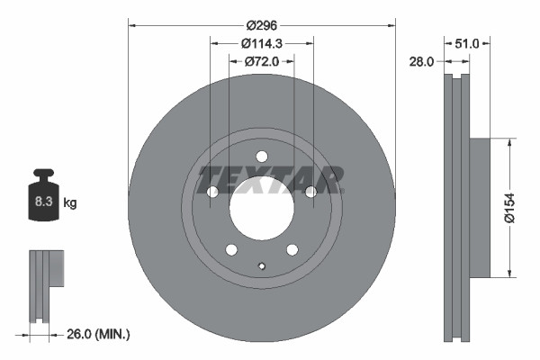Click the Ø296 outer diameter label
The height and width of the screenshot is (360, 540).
coord(262,27)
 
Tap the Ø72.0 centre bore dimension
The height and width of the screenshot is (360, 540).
coord(262,61)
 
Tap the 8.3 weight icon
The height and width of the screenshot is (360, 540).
coord(43,202)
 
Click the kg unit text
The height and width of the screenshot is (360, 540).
coord(69,203)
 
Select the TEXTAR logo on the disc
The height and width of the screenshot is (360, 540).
coord(271,179)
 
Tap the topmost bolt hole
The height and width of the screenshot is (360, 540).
coord(261,156)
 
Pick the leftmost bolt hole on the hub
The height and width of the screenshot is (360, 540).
coord(212,192)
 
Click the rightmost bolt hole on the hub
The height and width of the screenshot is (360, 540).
coord(310,192)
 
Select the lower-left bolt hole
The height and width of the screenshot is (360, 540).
coord(231,249)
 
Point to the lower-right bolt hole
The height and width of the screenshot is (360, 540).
coord(292,249)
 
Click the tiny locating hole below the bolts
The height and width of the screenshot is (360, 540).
coord(261,265)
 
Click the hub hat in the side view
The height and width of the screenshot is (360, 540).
coord(479,207)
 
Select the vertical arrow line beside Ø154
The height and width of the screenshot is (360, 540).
coord(512,207)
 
